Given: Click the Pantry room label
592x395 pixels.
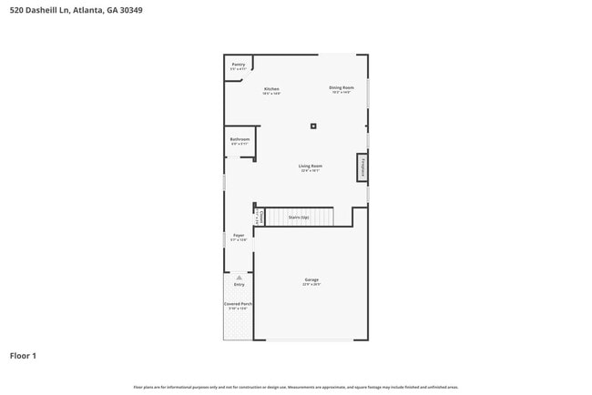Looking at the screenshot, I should (x=239, y=65).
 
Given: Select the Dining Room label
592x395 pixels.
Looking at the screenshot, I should (x=341, y=87).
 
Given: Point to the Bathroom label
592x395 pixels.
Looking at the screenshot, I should (x=240, y=139).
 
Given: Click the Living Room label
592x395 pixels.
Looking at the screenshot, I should (x=311, y=166).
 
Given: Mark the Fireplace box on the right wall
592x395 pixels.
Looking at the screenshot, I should (x=362, y=167).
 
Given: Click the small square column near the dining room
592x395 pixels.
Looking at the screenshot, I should (x=313, y=127).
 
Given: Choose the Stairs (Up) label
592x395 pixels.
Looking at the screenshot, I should (x=299, y=218).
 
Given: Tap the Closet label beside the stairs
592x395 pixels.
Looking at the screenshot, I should (x=261, y=217).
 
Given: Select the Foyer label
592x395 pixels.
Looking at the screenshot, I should (x=239, y=235).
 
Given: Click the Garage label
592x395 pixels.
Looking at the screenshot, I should (x=311, y=279).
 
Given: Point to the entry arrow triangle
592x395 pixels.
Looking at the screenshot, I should (x=239, y=277).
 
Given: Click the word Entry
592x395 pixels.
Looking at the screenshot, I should (x=239, y=285).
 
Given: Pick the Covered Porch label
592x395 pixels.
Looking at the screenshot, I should (x=239, y=303).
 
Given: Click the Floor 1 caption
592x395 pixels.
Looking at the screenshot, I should (x=23, y=356).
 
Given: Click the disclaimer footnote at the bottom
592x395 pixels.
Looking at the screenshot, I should (x=295, y=387).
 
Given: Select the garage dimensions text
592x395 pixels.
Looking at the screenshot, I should (x=311, y=285).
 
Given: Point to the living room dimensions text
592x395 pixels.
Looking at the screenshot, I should (x=311, y=171).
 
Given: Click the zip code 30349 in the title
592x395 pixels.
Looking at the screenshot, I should (x=128, y=11).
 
